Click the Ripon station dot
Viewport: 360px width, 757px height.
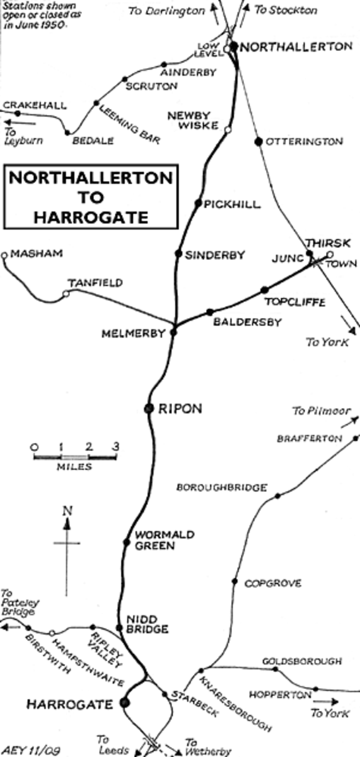click(149, 408)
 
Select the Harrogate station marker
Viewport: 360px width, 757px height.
click(125, 702)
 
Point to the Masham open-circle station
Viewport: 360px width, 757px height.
click(5, 255)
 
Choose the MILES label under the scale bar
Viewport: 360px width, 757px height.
click(74, 467)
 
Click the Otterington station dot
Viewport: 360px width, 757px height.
click(258, 141)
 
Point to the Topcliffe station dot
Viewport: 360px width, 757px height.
click(264, 290)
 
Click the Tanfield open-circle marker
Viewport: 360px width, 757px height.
click(66, 293)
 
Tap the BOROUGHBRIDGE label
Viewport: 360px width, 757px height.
click(221, 488)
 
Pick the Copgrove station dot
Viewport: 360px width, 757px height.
click(235, 581)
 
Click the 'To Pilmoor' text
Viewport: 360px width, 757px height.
click(321, 411)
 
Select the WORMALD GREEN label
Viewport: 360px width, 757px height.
click(155, 540)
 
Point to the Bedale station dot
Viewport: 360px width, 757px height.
click(68, 132)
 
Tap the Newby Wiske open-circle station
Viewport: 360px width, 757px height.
click(228, 129)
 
